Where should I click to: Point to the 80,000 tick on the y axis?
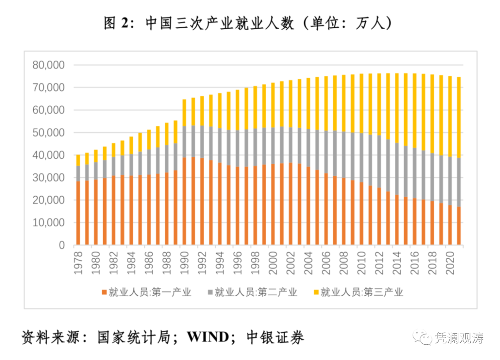pyautogui.click(x=49, y=65)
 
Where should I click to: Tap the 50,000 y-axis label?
pyautogui.click(x=49, y=133)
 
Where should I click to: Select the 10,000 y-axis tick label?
pyautogui.click(x=49, y=223)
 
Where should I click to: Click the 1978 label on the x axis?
pyautogui.click(x=78, y=261)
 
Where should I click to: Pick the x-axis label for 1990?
pyautogui.click(x=185, y=261)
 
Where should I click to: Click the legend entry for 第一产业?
pyautogui.click(x=146, y=292)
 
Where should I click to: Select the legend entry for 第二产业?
pyautogui.click(x=252, y=292)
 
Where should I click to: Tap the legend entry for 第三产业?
pyautogui.click(x=358, y=292)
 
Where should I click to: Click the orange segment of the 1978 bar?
pyautogui.click(x=78, y=213)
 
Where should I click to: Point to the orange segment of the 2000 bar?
pyautogui.click(x=273, y=204)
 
